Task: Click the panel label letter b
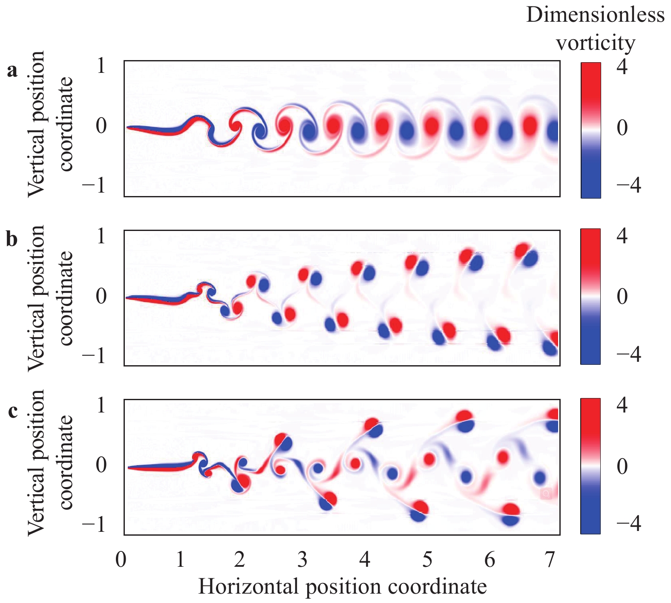pyautogui.click(x=12, y=239)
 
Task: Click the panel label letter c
pyautogui.click(x=13, y=411)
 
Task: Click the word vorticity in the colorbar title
pyautogui.click(x=596, y=43)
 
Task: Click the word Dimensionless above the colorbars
pyautogui.click(x=595, y=15)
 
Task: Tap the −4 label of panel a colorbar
pyautogui.click(x=628, y=186)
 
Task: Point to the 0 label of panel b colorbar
pyautogui.click(x=622, y=296)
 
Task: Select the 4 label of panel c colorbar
pyautogui.click(x=622, y=405)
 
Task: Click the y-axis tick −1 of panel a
pyautogui.click(x=95, y=186)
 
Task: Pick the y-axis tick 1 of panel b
pyautogui.click(x=101, y=236)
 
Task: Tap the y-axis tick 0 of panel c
pyautogui.click(x=101, y=465)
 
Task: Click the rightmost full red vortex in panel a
pyautogui.click(x=530, y=126)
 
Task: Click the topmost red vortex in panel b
pyautogui.click(x=522, y=250)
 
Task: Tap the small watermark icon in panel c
pyautogui.click(x=546, y=494)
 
